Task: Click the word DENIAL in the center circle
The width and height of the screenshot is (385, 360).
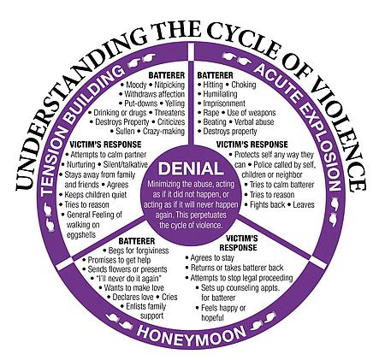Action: (x=191, y=168)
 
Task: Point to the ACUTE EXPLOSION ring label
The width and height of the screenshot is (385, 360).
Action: (x=301, y=125)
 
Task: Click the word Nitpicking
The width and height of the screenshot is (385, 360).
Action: (x=169, y=85)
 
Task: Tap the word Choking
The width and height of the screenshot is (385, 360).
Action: (x=244, y=85)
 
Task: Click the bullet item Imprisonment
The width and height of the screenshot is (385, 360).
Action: (x=222, y=103)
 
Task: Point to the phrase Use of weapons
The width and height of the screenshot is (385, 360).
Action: (x=252, y=113)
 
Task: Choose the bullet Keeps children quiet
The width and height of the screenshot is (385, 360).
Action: (x=92, y=195)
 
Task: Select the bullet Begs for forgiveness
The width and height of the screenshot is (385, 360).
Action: (x=136, y=251)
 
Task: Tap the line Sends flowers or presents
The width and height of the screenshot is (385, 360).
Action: (x=125, y=269)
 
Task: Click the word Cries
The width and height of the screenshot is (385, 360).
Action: (x=169, y=297)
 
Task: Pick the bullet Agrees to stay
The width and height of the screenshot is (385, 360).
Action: (x=210, y=258)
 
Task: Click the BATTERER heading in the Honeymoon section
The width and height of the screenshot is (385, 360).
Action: (x=137, y=241)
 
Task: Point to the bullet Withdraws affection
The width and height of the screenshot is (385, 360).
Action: (x=152, y=94)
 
